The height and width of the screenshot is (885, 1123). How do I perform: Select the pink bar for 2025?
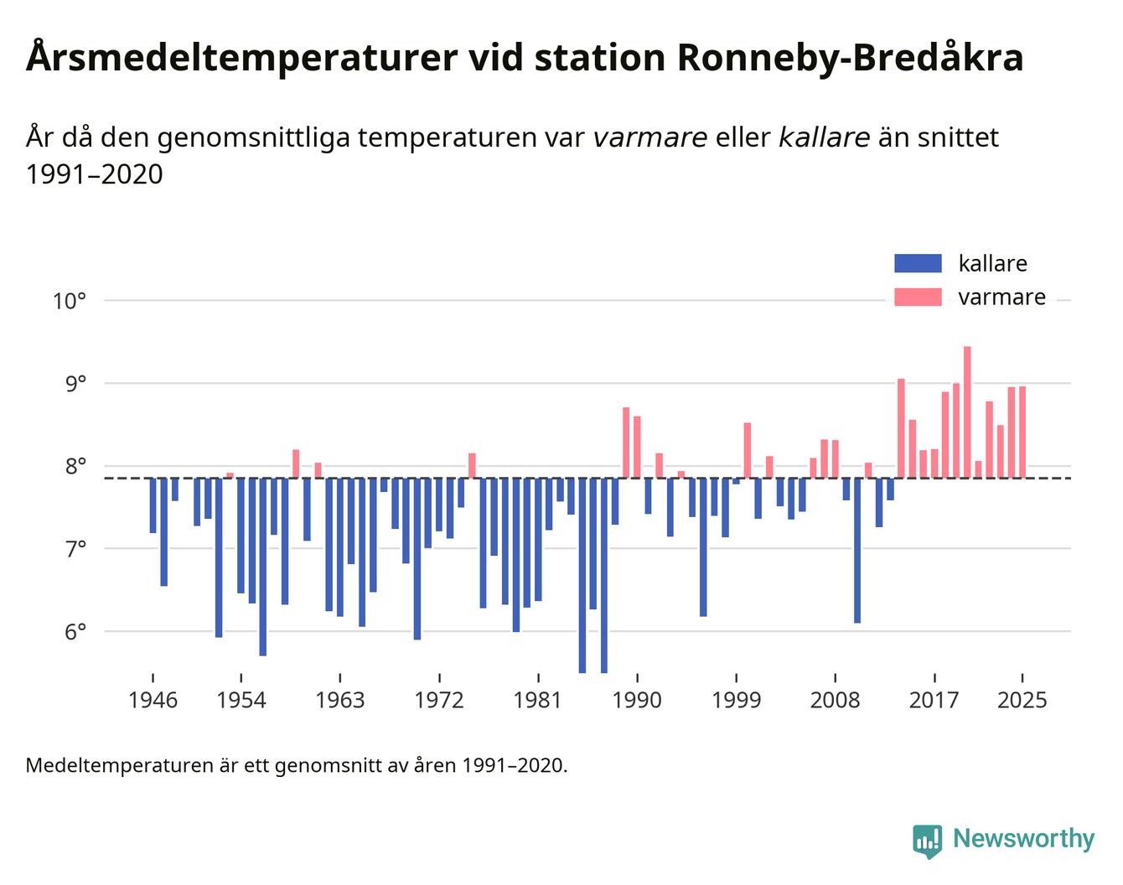point(1022,432)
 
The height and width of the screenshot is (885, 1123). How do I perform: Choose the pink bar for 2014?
point(901,428)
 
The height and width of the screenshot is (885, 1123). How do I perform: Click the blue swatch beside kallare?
point(918,263)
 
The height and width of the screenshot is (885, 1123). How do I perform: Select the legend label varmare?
point(1001,298)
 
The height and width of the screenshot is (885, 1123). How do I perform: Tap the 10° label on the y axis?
point(70,300)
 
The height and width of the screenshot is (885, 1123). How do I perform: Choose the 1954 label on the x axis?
point(241,700)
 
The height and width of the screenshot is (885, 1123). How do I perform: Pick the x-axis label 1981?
point(537,700)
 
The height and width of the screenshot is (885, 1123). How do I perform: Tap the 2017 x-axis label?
point(934,700)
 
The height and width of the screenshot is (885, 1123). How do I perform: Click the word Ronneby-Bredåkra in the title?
point(848,59)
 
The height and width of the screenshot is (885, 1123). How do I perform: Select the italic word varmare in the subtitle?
point(649,137)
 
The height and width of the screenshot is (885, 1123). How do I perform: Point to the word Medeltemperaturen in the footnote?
point(109,765)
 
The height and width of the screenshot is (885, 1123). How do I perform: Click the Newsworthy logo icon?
point(927,841)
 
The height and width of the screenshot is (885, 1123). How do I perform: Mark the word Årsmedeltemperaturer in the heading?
point(241,59)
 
